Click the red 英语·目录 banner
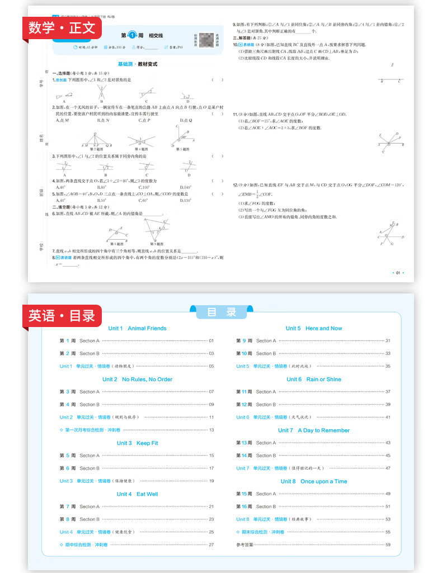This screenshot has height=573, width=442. pyautogui.click(x=62, y=316)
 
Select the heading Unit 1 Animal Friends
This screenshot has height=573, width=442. pyautogui.click(x=137, y=328)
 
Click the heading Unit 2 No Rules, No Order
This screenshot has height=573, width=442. pyautogui.click(x=137, y=379)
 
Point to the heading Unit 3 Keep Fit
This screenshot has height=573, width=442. pyautogui.click(x=137, y=443)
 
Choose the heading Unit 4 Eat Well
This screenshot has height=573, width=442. pyautogui.click(x=137, y=494)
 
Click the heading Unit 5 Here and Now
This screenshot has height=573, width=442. pyautogui.click(x=313, y=328)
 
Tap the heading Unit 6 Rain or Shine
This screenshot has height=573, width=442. pyautogui.click(x=313, y=379)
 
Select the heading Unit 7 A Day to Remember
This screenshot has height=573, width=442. pyautogui.click(x=313, y=430)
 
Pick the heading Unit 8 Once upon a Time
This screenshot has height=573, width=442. pyautogui.click(x=313, y=481)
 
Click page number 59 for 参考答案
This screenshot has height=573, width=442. pyautogui.click(x=388, y=544)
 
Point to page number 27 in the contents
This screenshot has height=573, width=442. pyautogui.click(x=211, y=544)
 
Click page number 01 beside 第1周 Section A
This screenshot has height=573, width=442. pyautogui.click(x=211, y=340)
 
